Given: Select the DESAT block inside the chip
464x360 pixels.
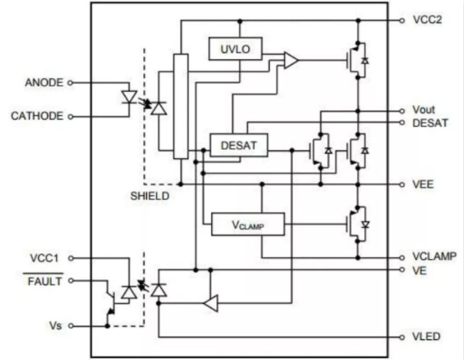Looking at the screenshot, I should (x=239, y=146).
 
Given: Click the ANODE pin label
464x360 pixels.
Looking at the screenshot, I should (x=45, y=82).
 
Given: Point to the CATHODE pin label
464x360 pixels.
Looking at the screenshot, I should (x=37, y=115).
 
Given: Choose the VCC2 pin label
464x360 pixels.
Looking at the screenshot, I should (x=427, y=20).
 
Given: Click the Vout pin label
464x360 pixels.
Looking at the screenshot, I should (x=423, y=110).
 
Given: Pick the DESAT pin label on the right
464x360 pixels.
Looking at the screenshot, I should (x=428, y=123).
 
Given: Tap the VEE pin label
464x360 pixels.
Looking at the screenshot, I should (x=423, y=184).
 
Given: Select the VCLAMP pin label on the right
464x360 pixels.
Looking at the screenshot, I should (x=434, y=256).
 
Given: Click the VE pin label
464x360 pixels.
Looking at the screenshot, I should (x=419, y=271).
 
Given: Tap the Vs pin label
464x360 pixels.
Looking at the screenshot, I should (x=56, y=327).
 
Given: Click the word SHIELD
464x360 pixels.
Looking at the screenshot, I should (x=150, y=196).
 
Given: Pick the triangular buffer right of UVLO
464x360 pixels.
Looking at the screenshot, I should (x=291, y=60).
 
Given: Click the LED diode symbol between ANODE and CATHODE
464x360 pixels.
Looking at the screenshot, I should (x=129, y=96).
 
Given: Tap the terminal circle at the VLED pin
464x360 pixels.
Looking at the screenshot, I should (x=404, y=337).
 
